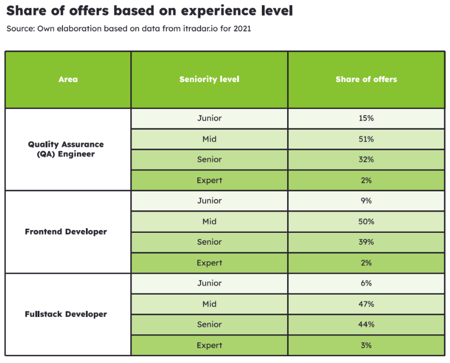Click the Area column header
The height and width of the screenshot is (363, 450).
68,80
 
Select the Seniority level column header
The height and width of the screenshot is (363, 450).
209,80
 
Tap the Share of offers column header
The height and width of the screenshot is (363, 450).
366,80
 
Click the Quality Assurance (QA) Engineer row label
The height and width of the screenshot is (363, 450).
66,149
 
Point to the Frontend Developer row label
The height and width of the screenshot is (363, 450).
66,232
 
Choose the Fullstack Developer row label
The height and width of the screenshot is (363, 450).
66,314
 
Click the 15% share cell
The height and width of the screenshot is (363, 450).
366,118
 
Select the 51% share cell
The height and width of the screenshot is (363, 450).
366,139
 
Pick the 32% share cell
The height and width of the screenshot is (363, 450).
366,160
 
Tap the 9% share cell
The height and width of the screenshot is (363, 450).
366,201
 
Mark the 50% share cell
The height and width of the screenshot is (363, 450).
366,222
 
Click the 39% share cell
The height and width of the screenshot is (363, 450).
366,242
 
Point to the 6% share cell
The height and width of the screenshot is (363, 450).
366,283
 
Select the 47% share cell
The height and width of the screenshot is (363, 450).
366,304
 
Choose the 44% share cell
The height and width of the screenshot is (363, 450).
366,325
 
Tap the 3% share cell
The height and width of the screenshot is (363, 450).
366,346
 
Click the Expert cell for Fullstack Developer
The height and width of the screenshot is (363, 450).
209,346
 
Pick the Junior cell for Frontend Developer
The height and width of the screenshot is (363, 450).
209,201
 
